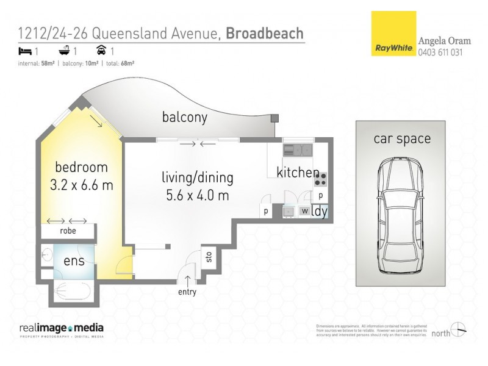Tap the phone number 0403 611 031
(x=440, y=52)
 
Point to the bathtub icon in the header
(x=64, y=52)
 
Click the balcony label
(x=184, y=117)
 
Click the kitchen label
(x=297, y=173)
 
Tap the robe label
(x=68, y=231)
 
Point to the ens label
(x=74, y=261)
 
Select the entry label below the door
(x=187, y=292)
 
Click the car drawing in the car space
(x=401, y=217)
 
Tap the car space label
(x=401, y=138)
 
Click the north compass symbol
(x=458, y=329)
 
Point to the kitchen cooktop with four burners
(x=320, y=179)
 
